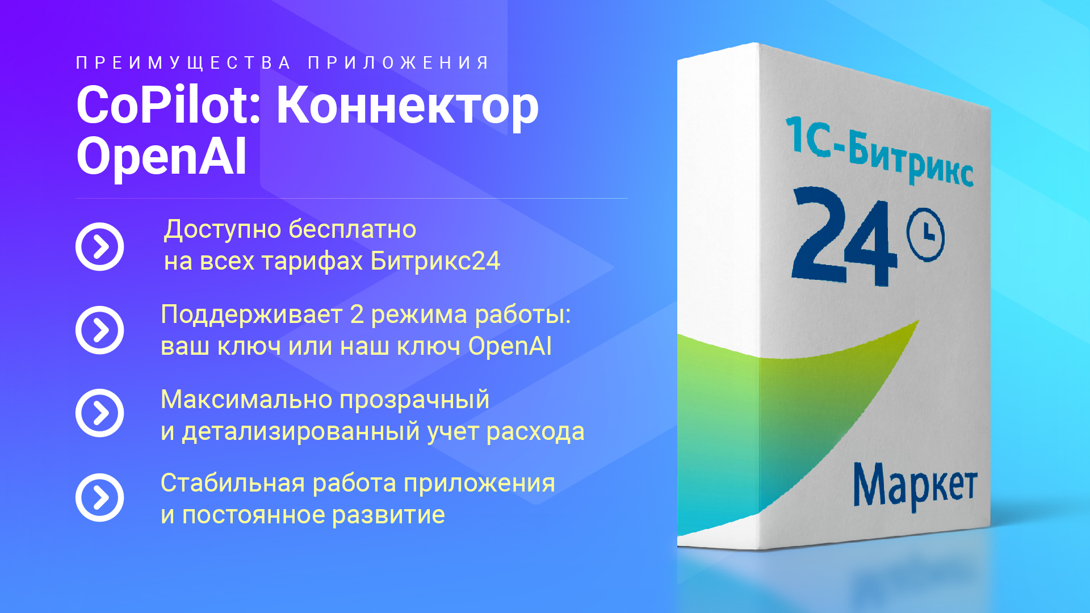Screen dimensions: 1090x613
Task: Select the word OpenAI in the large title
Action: click(x=162, y=156)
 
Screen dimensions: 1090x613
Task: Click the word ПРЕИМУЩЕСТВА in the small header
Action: click(x=183, y=62)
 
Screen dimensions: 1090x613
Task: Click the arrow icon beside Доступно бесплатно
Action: click(x=100, y=246)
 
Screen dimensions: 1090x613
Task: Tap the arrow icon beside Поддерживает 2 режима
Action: click(x=100, y=330)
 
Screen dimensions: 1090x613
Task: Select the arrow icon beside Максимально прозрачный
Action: click(x=100, y=413)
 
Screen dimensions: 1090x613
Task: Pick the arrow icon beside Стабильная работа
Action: click(x=100, y=497)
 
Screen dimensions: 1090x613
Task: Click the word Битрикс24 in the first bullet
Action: click(x=435, y=261)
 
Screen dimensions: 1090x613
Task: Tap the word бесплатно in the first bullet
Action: click(x=353, y=229)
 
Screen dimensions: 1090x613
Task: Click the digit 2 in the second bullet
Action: click(x=357, y=314)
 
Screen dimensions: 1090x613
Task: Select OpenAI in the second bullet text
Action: click(x=510, y=346)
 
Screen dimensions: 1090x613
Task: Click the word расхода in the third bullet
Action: click(x=535, y=433)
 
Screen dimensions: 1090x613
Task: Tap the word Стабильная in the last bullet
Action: click(x=233, y=483)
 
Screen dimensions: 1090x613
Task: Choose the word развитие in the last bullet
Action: click(x=388, y=515)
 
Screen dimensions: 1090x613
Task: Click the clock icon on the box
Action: click(x=926, y=235)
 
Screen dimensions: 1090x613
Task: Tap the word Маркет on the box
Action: click(x=915, y=486)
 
